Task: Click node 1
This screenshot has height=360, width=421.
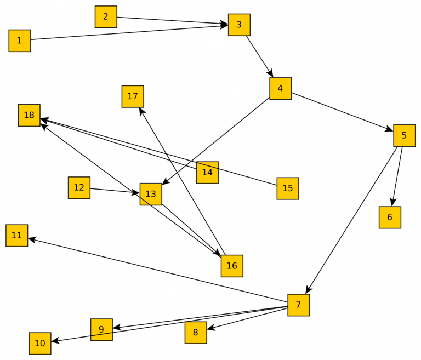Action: click(20, 41)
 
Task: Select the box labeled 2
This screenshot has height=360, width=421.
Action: click(106, 16)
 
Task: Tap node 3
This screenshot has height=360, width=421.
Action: click(239, 25)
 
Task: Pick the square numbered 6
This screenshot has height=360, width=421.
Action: click(390, 218)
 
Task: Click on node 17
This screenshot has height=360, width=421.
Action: click(133, 96)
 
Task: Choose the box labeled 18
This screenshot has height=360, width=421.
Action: click(29, 115)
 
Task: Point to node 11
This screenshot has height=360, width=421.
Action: click(17, 236)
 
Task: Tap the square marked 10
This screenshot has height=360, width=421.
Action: click(40, 344)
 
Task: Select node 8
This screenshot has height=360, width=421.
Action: click(196, 333)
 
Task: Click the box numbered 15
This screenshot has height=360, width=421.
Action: click(288, 188)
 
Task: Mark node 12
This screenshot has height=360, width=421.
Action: click(79, 187)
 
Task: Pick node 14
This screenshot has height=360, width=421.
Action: click(207, 172)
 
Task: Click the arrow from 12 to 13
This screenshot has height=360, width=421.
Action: click(115, 191)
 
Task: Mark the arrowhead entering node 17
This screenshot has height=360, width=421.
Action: click(142, 111)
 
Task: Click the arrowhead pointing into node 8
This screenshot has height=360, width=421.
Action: click(210, 328)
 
